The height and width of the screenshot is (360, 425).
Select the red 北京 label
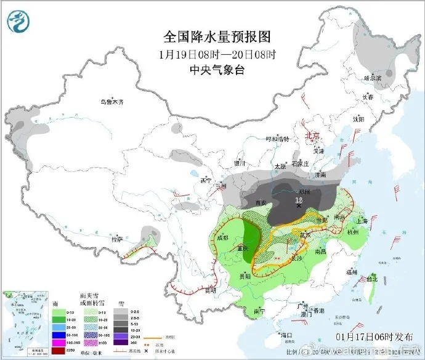[x=314, y=136]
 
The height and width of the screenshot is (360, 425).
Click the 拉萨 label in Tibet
[x=117, y=239]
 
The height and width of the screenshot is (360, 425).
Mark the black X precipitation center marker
[x=299, y=207]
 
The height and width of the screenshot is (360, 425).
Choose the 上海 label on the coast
[x=362, y=221]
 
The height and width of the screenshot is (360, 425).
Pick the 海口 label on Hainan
[x=286, y=335]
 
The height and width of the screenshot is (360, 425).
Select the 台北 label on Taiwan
[x=372, y=279]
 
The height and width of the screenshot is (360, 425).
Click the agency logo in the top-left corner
[x=18, y=22]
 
